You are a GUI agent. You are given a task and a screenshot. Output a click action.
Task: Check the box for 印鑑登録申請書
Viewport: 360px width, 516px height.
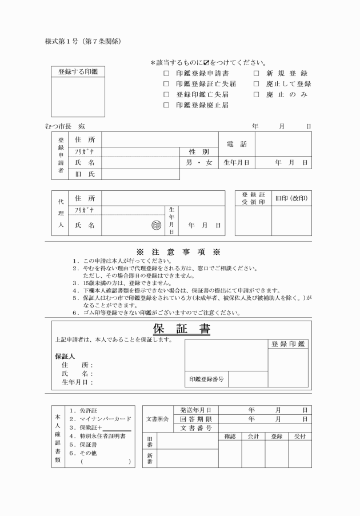[166, 74]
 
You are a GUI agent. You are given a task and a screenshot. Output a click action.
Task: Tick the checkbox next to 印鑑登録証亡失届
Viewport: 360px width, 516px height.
[166, 84]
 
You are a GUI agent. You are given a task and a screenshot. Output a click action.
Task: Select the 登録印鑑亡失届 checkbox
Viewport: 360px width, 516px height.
[166, 94]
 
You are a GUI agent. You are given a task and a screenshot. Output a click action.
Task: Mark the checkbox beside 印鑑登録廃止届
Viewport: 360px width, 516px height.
[166, 105]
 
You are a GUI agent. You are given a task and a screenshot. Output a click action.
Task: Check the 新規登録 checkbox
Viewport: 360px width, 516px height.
[256, 74]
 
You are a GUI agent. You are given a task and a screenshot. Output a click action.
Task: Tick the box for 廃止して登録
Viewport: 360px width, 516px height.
[256, 84]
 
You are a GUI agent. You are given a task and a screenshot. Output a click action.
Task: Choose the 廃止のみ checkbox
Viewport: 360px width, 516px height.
[256, 94]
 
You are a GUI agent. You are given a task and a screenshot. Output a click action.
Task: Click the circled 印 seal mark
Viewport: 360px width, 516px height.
[156, 225]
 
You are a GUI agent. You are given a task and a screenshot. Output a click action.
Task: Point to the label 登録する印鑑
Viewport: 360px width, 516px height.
[79, 72]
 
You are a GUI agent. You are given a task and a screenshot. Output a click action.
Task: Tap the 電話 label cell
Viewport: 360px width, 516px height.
[237, 145]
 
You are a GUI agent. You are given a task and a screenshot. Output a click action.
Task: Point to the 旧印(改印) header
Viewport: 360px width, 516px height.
[291, 198]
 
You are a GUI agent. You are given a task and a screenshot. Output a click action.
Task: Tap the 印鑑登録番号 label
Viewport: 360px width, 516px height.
[206, 379]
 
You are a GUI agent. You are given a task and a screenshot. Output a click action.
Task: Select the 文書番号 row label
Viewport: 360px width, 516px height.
[196, 427]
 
